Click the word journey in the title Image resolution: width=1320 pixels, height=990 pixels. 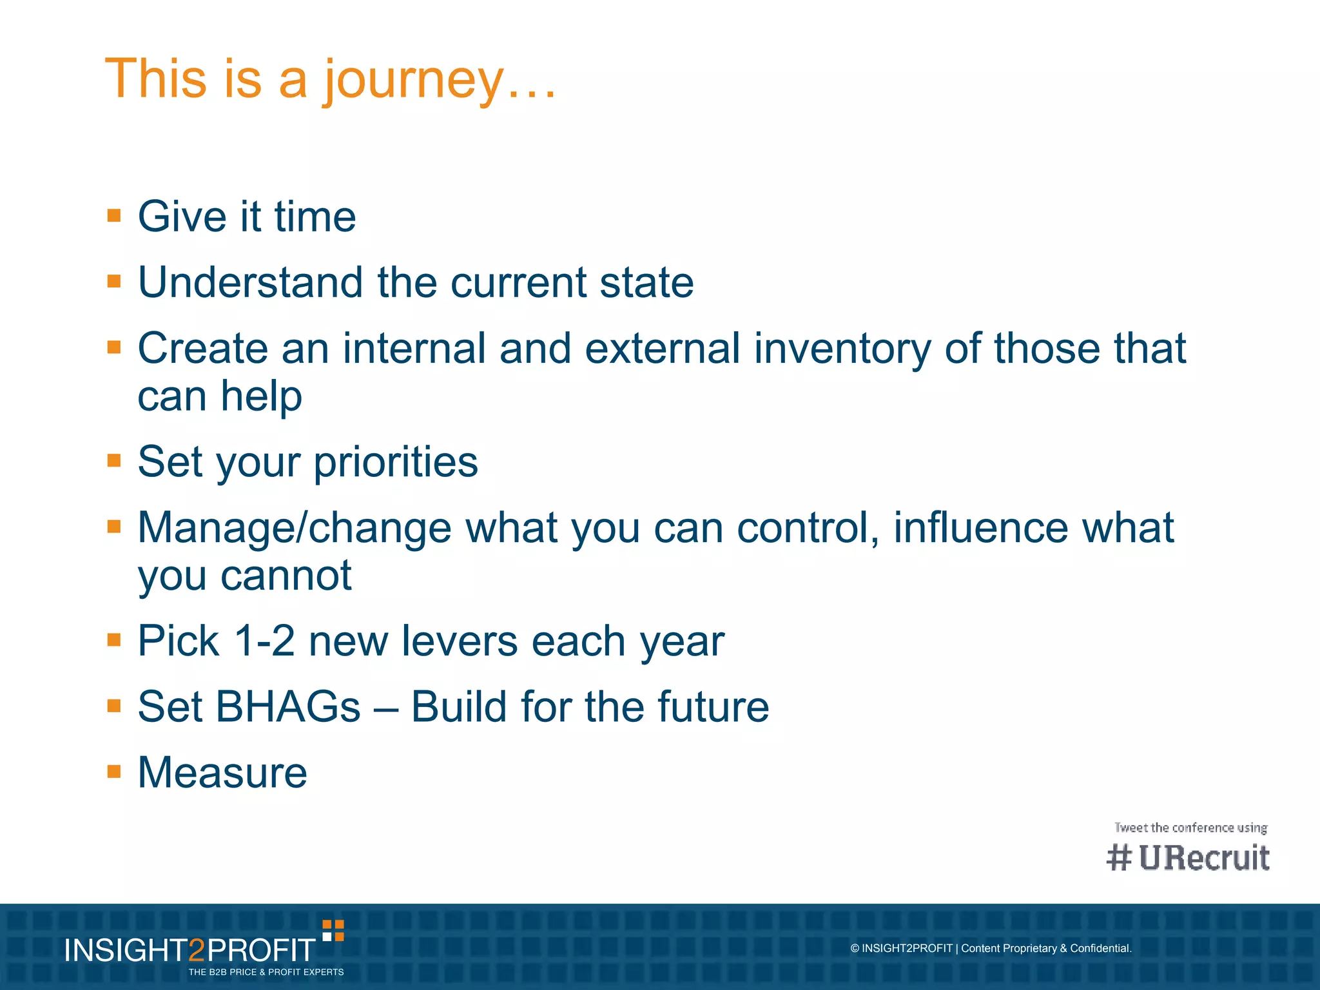pos(412,80)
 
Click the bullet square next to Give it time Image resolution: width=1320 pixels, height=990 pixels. pos(114,215)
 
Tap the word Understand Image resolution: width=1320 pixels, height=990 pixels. pos(251,282)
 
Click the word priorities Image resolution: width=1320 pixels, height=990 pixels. pos(396,462)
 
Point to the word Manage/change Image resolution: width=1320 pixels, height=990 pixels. pos(295,528)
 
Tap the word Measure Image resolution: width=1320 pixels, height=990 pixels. pos(222,773)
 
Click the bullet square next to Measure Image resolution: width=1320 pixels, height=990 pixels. pos(114,772)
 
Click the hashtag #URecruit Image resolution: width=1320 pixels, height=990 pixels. pos(1188,858)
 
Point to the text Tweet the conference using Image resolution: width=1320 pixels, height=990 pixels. pos(1190,828)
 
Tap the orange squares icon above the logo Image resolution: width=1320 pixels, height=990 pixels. pos(333,931)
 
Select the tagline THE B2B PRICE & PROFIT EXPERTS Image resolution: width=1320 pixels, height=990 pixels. pos(266,972)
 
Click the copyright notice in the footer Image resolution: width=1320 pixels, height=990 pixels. pos(991,948)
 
